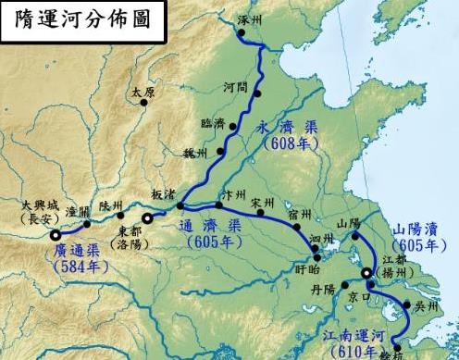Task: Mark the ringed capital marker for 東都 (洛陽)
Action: (146, 219)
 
